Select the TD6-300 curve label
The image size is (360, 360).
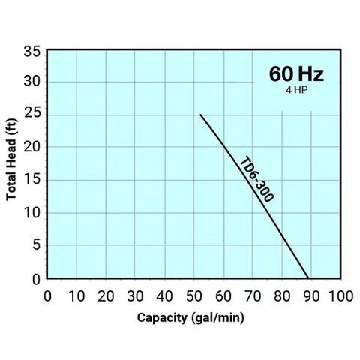pos(256,179)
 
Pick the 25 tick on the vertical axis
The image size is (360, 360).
pos(32,115)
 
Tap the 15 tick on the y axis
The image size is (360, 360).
pos(32,180)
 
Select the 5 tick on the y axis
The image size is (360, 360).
pos(36,245)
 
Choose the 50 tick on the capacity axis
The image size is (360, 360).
pos(193,294)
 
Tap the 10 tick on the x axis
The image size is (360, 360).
pos(77,294)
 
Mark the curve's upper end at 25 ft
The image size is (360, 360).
pos(200,115)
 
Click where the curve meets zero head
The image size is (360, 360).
pos(308,277)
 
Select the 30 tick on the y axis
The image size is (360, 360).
pos(32,82)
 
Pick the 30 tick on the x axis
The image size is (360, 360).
pos(135,294)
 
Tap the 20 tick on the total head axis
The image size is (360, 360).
pos(32,147)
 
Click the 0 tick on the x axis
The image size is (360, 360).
pos(48,294)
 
